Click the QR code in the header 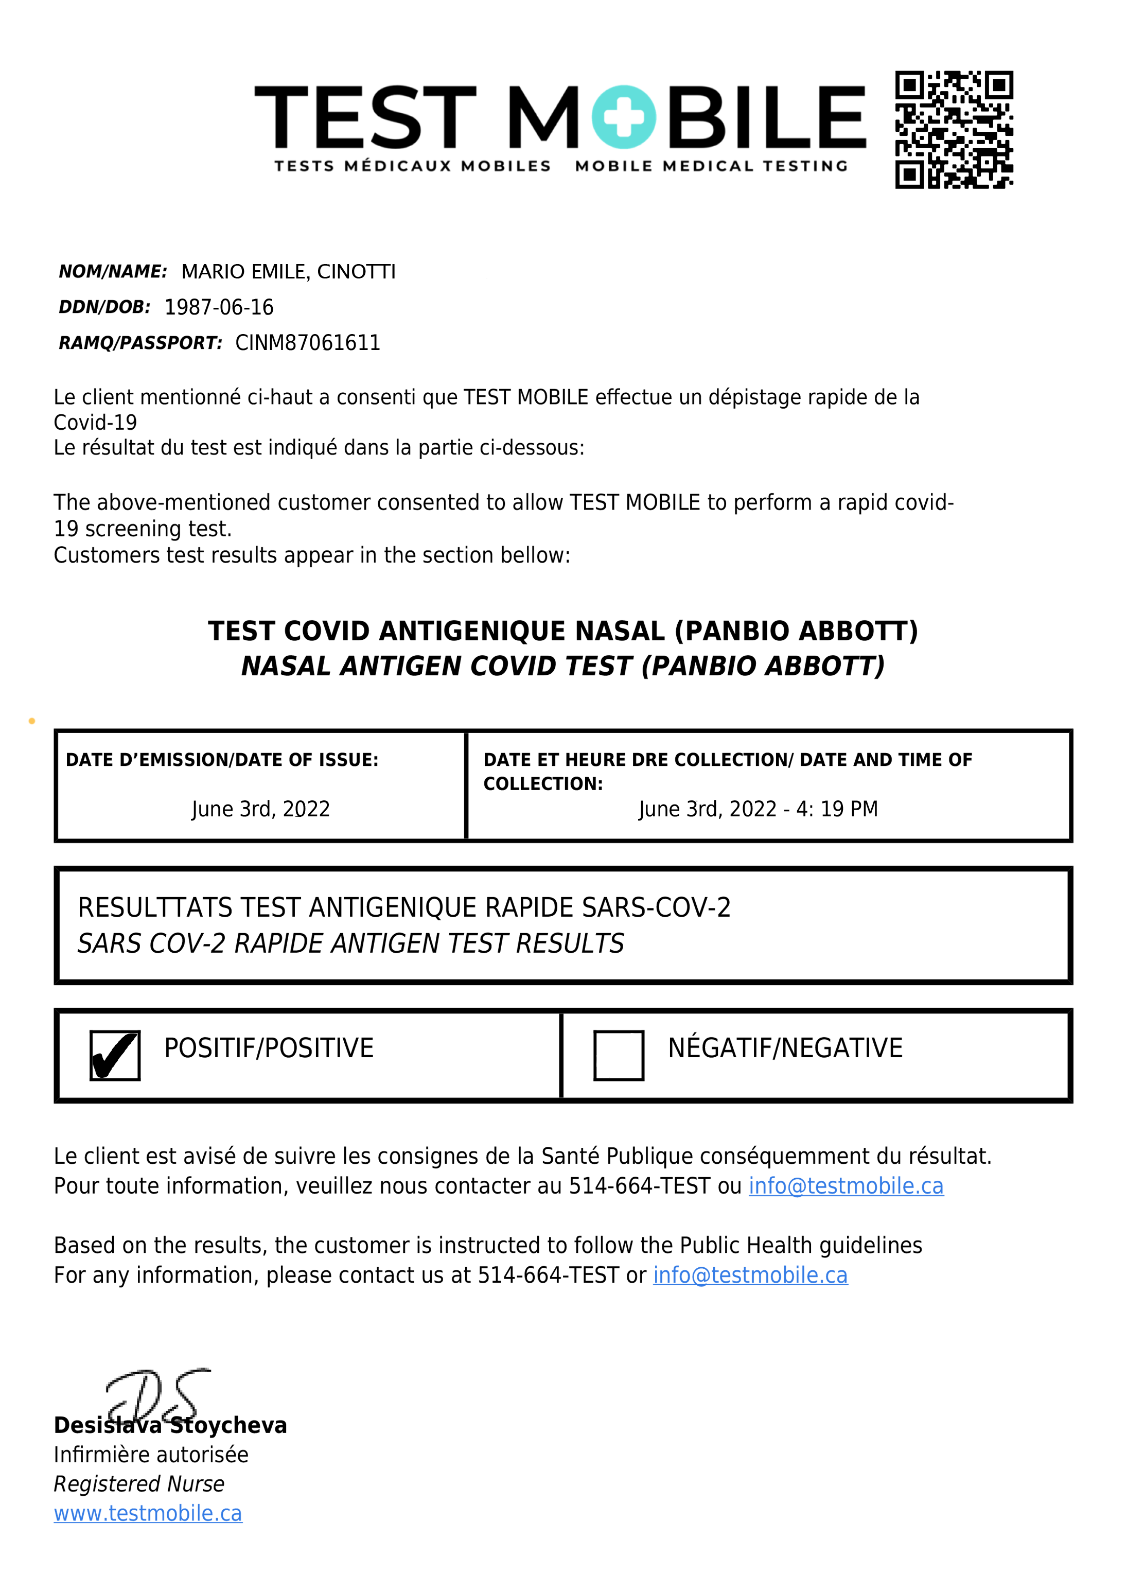click(954, 129)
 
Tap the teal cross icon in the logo click(623, 117)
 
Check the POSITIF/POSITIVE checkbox click(115, 1055)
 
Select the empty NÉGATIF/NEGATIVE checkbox click(619, 1055)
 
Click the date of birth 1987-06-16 click(219, 307)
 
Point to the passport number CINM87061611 click(307, 343)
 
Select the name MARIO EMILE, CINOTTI click(288, 271)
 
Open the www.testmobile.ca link click(148, 1513)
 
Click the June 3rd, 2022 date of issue click(260, 809)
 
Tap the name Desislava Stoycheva click(170, 1425)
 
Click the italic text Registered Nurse click(139, 1483)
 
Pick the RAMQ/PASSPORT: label click(140, 343)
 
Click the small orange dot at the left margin click(32, 721)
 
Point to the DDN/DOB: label click(104, 307)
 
